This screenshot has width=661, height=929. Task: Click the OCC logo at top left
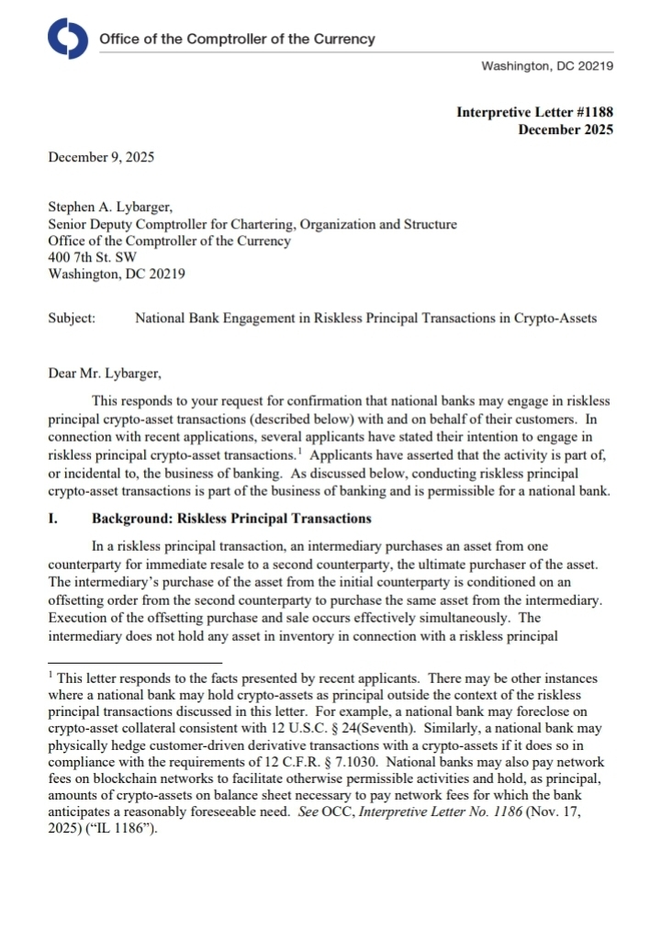(67, 39)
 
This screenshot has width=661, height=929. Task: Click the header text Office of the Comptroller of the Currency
(237, 39)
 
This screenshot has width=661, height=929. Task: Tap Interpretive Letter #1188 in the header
(534, 113)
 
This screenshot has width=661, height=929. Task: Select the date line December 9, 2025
(101, 157)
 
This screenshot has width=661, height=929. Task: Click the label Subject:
(71, 319)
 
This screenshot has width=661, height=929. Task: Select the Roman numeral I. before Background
(52, 519)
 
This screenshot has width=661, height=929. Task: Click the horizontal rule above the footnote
(135, 662)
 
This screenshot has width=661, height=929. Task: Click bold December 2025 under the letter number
(566, 129)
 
